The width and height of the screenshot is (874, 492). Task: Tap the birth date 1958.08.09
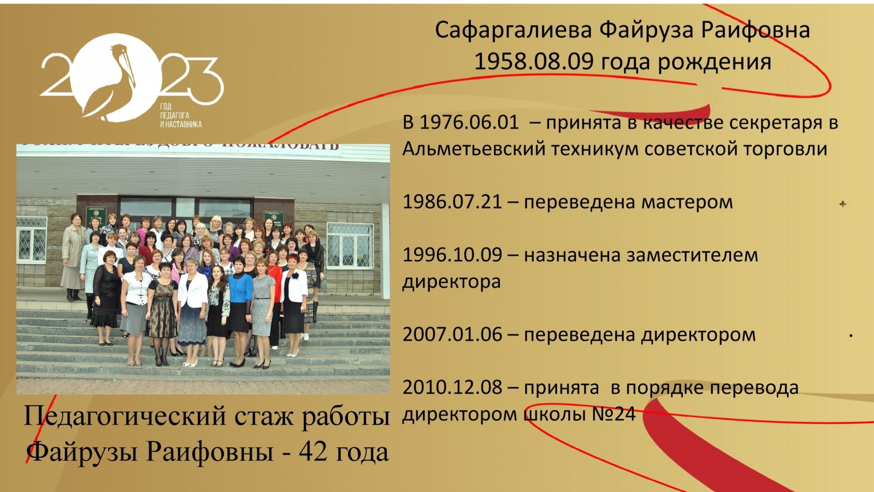[534, 62]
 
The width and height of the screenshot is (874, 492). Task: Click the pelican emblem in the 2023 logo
[116, 78]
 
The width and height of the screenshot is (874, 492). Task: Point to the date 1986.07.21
[452, 202]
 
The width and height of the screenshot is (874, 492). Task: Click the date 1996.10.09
[452, 255]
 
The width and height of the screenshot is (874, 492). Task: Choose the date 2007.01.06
[452, 335]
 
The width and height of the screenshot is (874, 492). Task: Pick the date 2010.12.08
[452, 388]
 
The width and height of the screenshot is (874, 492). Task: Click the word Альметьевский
[474, 149]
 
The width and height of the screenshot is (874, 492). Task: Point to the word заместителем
[693, 255]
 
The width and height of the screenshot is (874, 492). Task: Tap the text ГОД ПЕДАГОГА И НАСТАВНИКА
[181, 115]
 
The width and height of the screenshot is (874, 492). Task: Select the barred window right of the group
[350, 245]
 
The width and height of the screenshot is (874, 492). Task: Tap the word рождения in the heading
[714, 62]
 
